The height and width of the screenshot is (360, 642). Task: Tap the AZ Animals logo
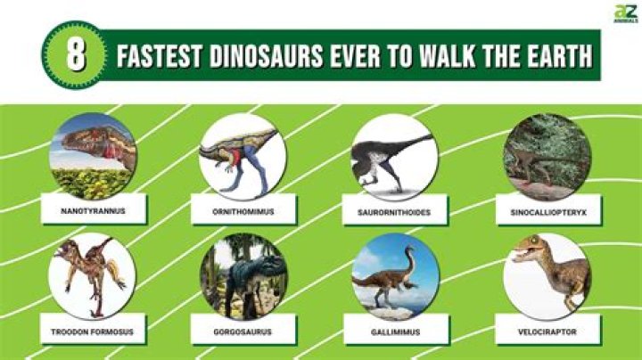[x=622, y=13]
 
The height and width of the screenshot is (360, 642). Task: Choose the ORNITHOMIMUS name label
[x=243, y=211]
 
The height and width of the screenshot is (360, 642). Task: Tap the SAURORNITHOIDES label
[x=394, y=211]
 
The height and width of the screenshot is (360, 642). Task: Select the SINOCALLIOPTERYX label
[x=546, y=211]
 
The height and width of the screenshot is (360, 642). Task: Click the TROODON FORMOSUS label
[x=93, y=331]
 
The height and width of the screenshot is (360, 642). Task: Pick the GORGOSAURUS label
[x=243, y=331]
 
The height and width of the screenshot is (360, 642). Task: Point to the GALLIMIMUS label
[x=394, y=331]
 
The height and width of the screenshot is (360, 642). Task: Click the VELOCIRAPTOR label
[x=546, y=331]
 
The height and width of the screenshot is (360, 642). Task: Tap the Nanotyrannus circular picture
[x=93, y=156]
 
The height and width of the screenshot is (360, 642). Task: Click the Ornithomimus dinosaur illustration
[x=243, y=156]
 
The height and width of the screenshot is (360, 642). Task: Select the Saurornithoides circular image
[x=394, y=156]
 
